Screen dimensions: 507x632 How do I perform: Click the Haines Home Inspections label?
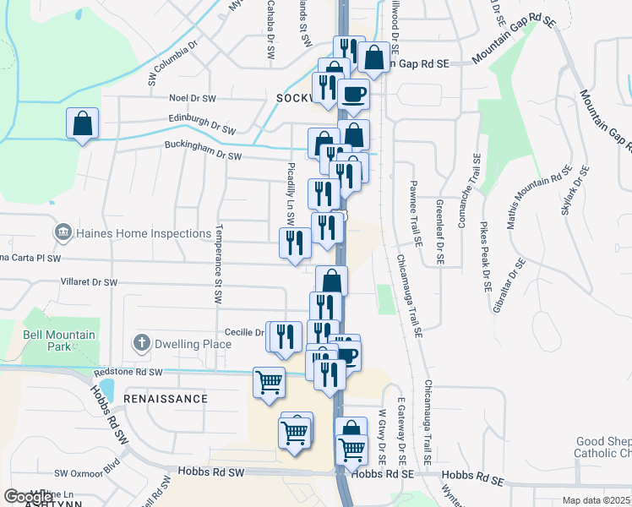coord(144,233)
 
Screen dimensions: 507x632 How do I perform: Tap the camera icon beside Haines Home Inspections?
coord(63,232)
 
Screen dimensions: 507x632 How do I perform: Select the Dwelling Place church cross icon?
coord(142,344)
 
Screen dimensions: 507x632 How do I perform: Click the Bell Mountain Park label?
coord(58,341)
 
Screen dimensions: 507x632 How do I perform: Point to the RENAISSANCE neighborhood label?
coord(166,398)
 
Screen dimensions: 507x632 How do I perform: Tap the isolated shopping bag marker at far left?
coord(83,123)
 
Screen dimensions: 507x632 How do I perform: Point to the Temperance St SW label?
coord(218,264)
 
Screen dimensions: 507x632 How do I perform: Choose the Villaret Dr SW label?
coord(89,282)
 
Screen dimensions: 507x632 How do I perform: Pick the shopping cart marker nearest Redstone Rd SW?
coord(269,383)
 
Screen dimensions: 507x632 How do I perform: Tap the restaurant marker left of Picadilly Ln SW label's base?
coord(295,243)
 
